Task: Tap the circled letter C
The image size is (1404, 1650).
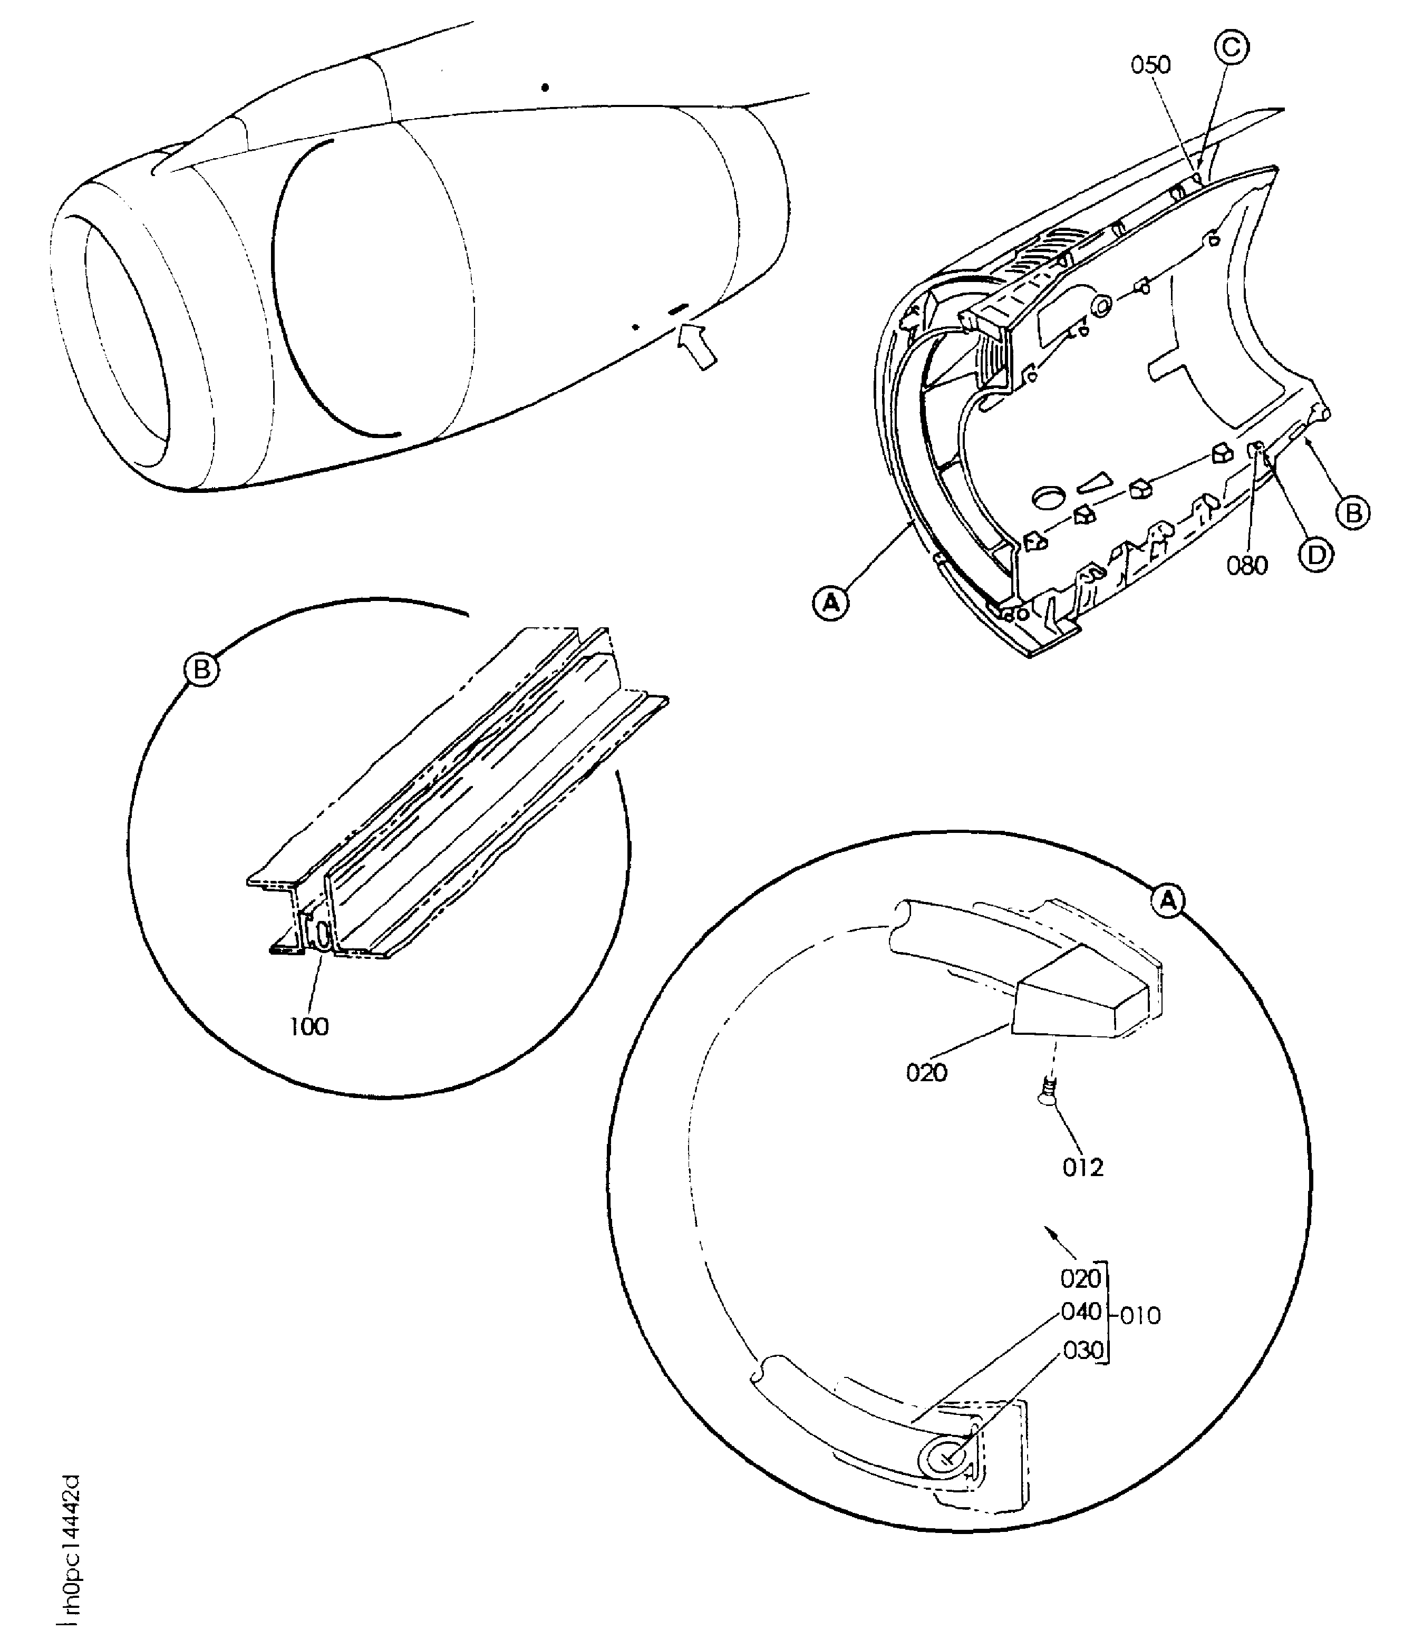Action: [1231, 48]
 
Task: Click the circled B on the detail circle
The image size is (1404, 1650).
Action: [201, 670]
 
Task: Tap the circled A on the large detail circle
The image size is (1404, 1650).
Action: [1168, 900]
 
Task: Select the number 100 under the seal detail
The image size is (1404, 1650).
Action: [309, 1027]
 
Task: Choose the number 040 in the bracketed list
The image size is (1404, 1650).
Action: [1081, 1311]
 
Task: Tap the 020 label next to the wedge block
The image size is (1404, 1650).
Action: [926, 1073]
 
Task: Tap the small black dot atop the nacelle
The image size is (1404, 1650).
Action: [545, 88]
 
